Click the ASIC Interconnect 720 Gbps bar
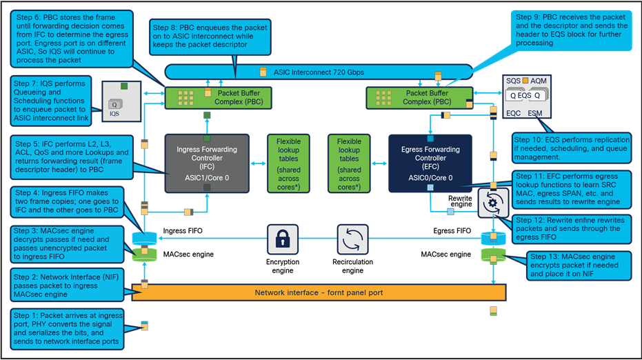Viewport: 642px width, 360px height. click(x=318, y=71)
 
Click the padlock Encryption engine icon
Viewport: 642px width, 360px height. click(x=282, y=239)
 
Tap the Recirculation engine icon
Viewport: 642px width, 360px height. click(x=352, y=239)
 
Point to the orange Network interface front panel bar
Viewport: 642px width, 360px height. click(x=318, y=292)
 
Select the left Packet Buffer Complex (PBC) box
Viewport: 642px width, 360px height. click(x=218, y=97)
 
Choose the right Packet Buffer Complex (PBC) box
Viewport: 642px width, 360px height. click(x=419, y=97)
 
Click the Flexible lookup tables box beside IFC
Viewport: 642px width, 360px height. click(x=288, y=163)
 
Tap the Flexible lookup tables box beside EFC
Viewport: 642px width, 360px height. click(x=349, y=163)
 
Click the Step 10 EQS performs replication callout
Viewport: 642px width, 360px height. click(x=573, y=148)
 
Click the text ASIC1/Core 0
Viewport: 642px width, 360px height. click(x=207, y=177)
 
